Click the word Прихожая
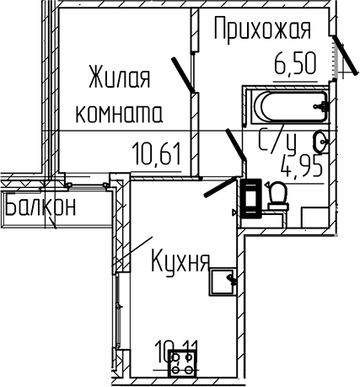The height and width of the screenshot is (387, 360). coord(261,30)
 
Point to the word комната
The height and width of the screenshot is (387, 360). coord(121,111)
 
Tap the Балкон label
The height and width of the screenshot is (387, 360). coord(40,205)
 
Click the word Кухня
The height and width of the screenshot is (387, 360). coord(179,258)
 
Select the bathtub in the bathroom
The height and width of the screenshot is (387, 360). coord(287,106)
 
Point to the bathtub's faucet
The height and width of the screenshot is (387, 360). coord(320,106)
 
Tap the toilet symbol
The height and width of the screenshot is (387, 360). coord(277,196)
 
